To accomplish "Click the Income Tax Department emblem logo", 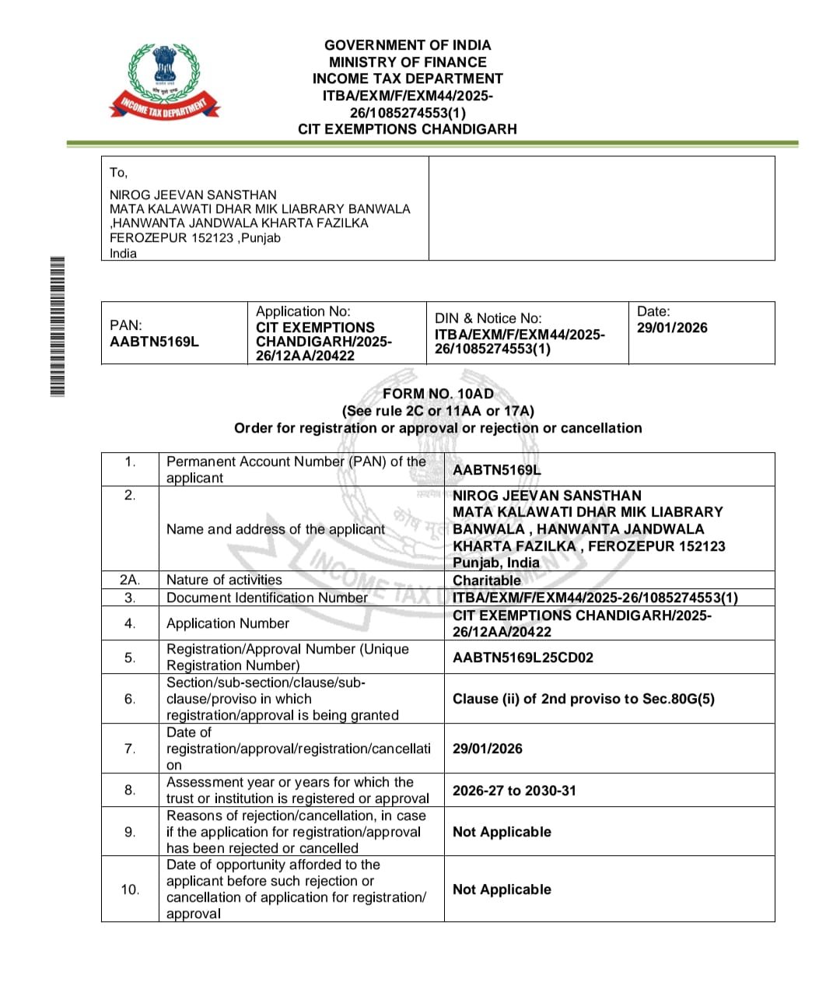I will pos(164,82).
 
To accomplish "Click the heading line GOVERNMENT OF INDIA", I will pos(408,45).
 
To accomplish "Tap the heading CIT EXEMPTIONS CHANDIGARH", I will pos(408,129).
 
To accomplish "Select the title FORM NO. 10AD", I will pos(438,394).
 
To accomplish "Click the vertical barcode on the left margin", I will pos(57,326).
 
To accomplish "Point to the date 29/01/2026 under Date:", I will pos(672,328).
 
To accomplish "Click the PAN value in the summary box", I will pos(154,342).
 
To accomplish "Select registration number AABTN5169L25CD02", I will pos(523,658).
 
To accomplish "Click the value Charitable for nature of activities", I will pos(487,580).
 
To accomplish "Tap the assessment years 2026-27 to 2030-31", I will pos(514,791).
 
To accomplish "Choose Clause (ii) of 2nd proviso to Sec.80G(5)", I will pos(583,699).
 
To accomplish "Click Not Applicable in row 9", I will pos(502,832).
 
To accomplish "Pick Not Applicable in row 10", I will pos(502,889).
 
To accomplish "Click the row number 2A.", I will pos(130,580).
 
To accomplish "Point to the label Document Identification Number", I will pos(267,598).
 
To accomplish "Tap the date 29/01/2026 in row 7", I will pos(488,749).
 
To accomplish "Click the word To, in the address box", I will pos(118,173).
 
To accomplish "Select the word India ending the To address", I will pos(123,254).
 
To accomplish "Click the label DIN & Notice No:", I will pos(487,318).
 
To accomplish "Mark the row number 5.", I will pos(130,658).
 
